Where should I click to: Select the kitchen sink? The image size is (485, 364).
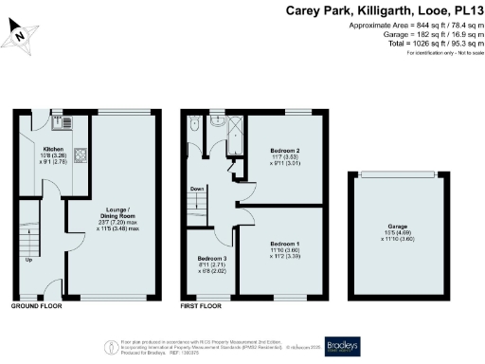(67, 121)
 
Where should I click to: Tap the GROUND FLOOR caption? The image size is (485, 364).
(39, 308)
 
